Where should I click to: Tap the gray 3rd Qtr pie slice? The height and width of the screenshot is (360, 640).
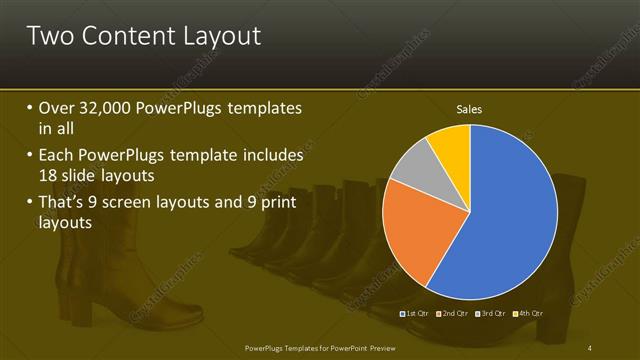click(412, 177)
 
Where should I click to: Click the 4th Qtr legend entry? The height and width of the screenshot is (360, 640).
click(530, 314)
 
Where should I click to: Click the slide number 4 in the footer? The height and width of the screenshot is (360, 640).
click(591, 347)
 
